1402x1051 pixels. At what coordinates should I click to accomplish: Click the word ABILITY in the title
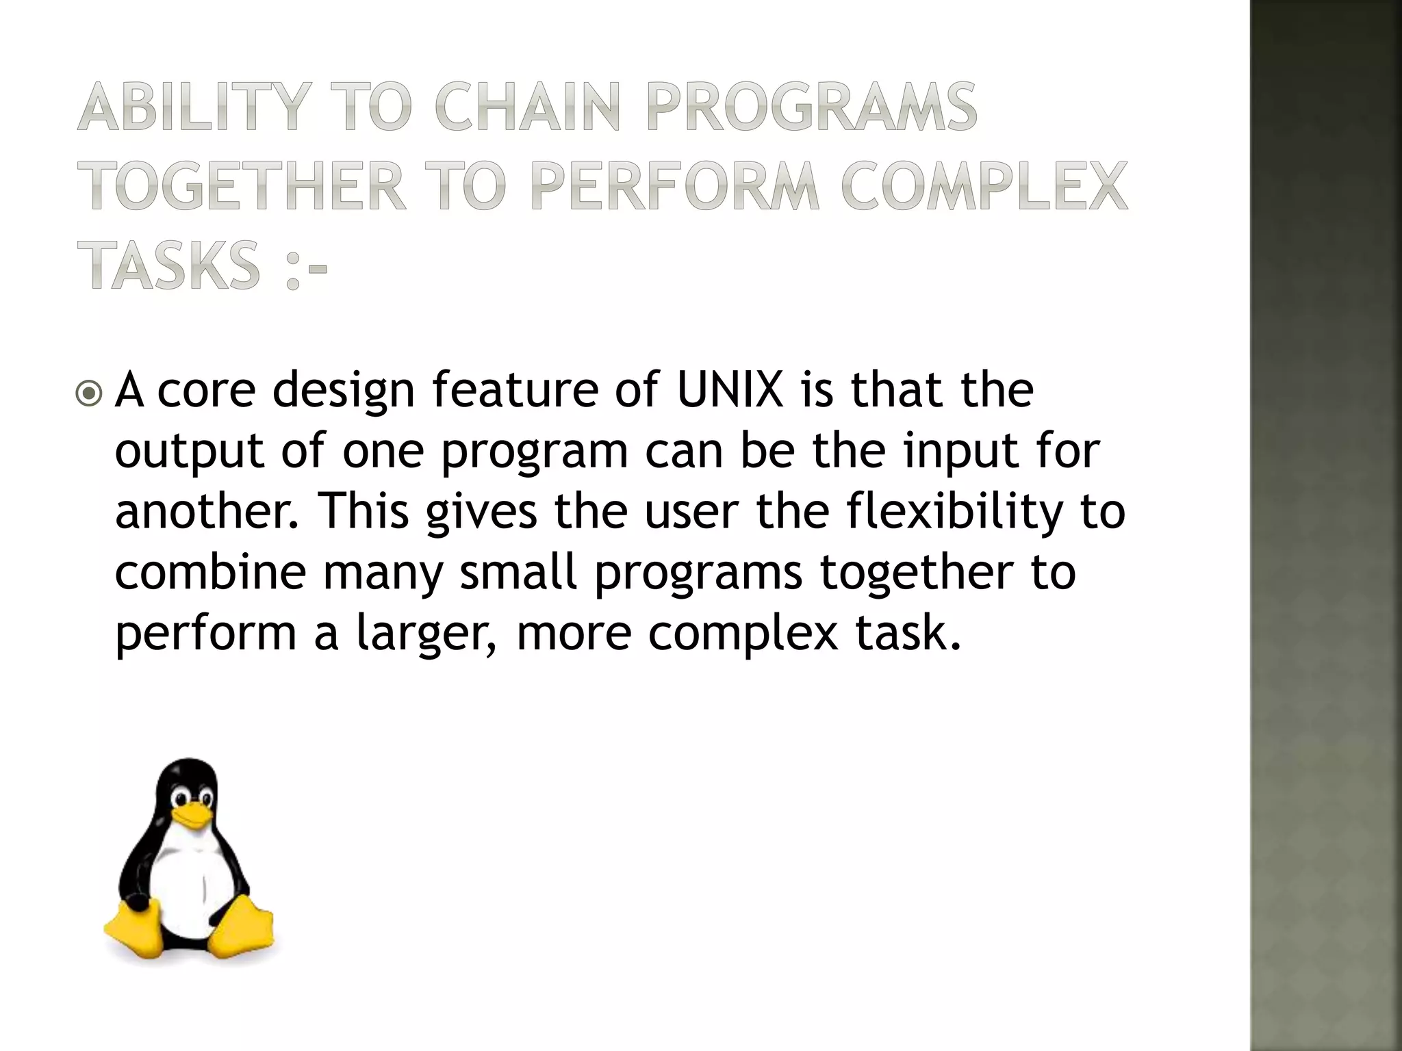pyautogui.click(x=191, y=107)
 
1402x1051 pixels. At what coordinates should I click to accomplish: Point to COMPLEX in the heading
pyautogui.click(x=983, y=186)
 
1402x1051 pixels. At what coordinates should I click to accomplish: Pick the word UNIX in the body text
pyautogui.click(x=730, y=390)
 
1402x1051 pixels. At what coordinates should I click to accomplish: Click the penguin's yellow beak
pyautogui.click(x=190, y=814)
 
